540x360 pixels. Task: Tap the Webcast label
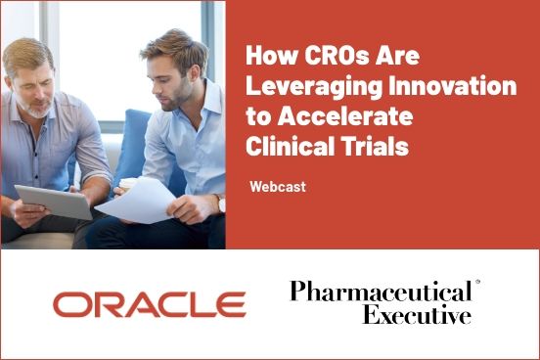click(278, 186)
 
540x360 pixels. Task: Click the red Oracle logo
click(149, 304)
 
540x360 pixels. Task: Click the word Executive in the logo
click(417, 315)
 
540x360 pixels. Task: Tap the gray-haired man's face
click(33, 83)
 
